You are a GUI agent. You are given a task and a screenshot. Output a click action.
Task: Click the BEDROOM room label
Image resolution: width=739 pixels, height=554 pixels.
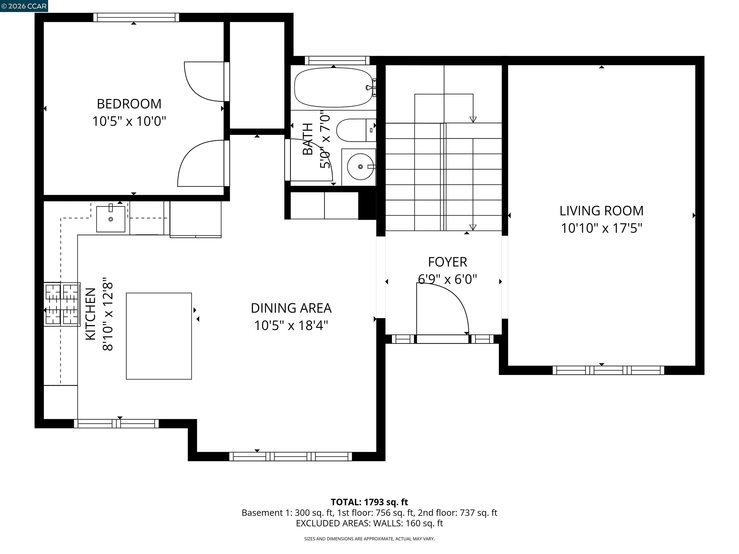click(x=129, y=104)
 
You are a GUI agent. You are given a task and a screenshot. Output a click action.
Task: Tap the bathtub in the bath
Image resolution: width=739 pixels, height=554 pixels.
click(x=333, y=88)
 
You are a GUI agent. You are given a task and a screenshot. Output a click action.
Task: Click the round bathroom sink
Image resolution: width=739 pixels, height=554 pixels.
click(x=360, y=167)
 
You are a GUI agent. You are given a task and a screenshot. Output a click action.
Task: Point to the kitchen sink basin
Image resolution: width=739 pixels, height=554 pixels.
click(x=111, y=219)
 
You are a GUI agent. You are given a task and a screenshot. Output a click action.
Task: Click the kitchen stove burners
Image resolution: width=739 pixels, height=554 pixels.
click(x=62, y=304)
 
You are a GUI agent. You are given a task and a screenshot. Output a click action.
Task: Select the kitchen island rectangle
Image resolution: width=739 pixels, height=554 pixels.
click(x=159, y=336)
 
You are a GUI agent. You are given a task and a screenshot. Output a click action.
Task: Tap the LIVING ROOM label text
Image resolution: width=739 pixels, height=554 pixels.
click(x=601, y=211)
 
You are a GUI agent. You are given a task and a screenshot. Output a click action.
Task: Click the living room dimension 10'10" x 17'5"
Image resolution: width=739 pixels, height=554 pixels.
click(x=601, y=228)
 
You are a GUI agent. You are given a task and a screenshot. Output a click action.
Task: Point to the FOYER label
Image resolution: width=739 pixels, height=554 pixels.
click(x=447, y=262)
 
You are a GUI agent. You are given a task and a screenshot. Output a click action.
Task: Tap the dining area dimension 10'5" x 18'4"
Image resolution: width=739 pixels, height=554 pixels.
click(x=291, y=326)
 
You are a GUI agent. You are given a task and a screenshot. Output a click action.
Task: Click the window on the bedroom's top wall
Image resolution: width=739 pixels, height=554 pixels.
click(x=136, y=17)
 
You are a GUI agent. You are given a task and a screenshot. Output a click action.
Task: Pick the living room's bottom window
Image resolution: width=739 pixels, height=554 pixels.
click(x=608, y=370)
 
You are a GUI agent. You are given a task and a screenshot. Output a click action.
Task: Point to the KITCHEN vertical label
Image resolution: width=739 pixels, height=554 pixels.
click(x=91, y=314)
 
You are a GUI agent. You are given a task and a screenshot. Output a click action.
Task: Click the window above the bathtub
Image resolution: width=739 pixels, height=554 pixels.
click(x=337, y=60)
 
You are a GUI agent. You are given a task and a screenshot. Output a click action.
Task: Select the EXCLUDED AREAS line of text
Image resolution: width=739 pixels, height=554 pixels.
click(x=369, y=523)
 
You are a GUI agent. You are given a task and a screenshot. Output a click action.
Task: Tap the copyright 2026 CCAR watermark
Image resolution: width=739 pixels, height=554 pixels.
click(x=24, y=6)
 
